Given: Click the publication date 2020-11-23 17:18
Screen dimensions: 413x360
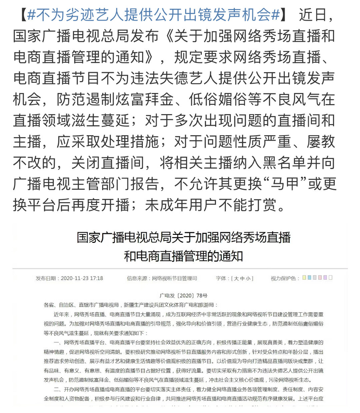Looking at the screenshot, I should (x=82, y=278).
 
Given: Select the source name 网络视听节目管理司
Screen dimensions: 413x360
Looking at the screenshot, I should (x=174, y=278).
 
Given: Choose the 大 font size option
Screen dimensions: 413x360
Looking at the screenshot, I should (x=236, y=278).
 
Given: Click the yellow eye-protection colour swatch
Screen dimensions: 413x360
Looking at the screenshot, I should (x=304, y=278).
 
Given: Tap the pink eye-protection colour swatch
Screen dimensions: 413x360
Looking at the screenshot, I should (x=320, y=278).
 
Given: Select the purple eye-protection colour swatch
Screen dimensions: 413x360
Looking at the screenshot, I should (x=325, y=278).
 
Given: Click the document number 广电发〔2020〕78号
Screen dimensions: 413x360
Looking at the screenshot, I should (x=184, y=295).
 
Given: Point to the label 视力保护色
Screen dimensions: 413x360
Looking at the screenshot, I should (x=283, y=278).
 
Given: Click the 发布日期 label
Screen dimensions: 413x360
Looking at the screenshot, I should (x=46, y=278).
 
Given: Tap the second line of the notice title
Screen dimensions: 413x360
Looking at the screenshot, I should (x=184, y=256).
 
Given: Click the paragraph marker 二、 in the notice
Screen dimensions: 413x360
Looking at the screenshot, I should (x=57, y=389).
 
